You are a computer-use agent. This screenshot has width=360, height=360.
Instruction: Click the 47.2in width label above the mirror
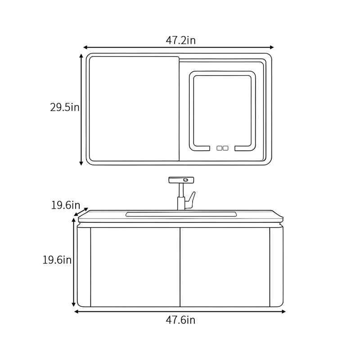(x=181, y=40)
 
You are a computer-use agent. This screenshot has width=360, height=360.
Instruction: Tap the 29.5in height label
(x=65, y=107)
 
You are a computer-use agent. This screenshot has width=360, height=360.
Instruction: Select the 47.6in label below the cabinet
(x=180, y=320)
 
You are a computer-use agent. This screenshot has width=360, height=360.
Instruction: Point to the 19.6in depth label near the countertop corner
(x=65, y=205)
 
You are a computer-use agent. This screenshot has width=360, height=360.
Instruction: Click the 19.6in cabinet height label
(x=57, y=260)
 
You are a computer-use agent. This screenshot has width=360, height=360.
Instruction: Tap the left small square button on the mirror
(x=219, y=148)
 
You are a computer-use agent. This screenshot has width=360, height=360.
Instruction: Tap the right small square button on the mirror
(x=225, y=148)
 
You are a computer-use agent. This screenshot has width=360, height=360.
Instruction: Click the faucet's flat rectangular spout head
(x=181, y=180)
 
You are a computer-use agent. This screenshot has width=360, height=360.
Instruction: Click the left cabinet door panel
(x=135, y=267)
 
